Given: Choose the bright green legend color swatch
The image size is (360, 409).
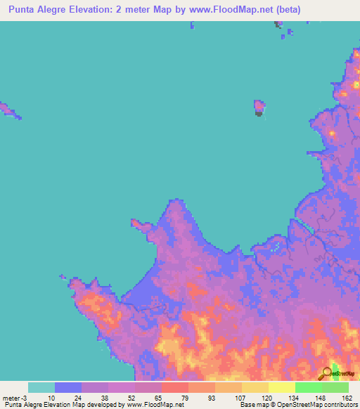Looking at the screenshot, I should [x=308, y=387].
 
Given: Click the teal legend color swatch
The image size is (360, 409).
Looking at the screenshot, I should [x=41, y=387].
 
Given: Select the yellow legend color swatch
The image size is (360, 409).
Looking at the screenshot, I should [x=255, y=387].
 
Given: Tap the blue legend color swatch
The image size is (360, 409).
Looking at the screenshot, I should [x=68, y=387].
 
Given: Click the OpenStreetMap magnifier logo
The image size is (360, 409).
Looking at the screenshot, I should [x=328, y=373].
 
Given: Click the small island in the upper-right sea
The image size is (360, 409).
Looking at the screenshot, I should [x=259, y=108].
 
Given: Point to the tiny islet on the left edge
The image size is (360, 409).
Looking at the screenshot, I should [x=7, y=109].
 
